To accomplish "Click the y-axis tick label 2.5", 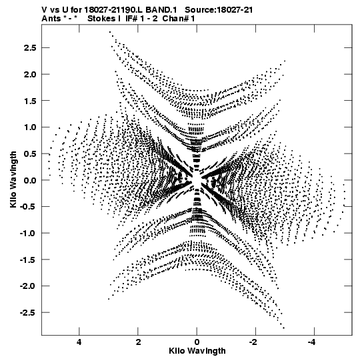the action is pos(30,48).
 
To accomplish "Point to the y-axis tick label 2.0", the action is pos(30,74).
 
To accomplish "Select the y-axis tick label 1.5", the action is pos(30,101).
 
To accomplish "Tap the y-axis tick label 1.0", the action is pos(30,127).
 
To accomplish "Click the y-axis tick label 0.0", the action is pos(30,180).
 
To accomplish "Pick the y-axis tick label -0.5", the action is pos(28,206).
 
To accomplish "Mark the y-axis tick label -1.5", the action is pos(28,260).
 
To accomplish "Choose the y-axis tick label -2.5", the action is pos(28,313).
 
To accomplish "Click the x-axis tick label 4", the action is pos(79,342).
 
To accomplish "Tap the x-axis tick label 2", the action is pos(138,342).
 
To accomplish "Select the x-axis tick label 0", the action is pos(197,342).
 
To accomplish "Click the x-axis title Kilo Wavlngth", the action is pos(197,351).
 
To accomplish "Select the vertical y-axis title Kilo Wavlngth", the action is pos(13,179).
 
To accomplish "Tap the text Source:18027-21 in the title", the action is pos(219,10).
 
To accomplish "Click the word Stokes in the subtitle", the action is pos(102,19).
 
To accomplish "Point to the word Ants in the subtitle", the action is pos(51,19).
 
